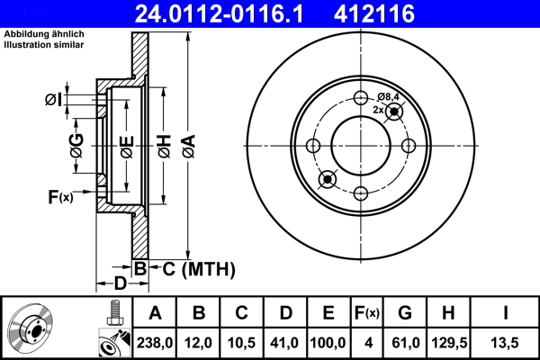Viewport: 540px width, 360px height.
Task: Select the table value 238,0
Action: [154, 342]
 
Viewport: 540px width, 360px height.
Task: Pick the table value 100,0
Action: [328, 342]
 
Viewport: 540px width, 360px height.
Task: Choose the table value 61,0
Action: [404, 342]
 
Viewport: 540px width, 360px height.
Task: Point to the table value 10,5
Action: [241, 342]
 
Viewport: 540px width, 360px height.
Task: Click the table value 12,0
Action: [198, 342]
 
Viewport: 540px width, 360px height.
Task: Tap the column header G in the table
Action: [404, 313]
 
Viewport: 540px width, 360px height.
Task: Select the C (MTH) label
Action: [193, 268]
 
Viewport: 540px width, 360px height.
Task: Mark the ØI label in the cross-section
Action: [53, 100]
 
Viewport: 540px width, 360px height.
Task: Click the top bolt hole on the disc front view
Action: [361, 99]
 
